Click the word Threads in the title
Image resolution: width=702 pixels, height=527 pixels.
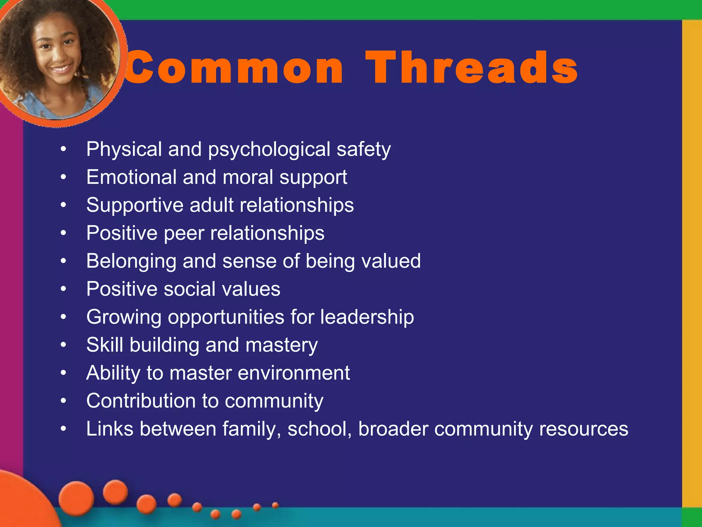pyautogui.click(x=471, y=67)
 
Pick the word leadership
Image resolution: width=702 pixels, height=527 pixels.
pyautogui.click(x=367, y=317)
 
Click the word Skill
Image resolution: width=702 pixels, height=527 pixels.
pyautogui.click(x=105, y=344)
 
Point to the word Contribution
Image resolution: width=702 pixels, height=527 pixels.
pyautogui.click(x=141, y=401)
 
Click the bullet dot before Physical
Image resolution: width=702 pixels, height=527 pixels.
pyautogui.click(x=63, y=149)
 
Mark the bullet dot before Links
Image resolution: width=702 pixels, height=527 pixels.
pyautogui.click(x=63, y=429)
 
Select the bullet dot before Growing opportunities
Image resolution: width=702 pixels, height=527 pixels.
pyautogui.click(x=63, y=317)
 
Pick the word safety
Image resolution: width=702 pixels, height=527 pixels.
pyautogui.click(x=363, y=150)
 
